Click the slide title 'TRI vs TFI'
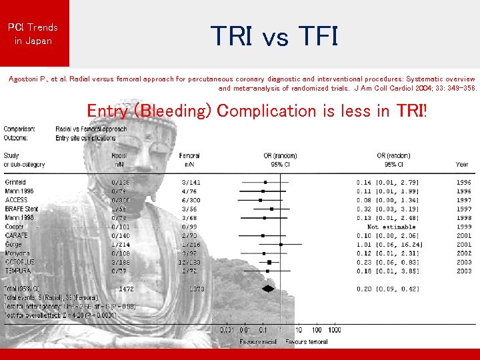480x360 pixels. click(275, 36)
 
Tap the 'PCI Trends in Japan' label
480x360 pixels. click(33, 34)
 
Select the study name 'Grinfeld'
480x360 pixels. click(15, 182)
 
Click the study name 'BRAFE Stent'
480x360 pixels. click(22, 209)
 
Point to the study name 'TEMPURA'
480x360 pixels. click(17, 271)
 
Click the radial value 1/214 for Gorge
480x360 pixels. click(121, 245)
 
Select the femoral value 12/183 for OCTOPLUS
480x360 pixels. click(191, 263)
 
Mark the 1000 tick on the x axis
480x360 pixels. click(335, 330)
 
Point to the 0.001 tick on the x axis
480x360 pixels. click(228, 330)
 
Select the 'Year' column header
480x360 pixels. click(462, 164)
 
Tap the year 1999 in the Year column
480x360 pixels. click(463, 227)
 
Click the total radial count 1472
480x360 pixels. click(126, 289)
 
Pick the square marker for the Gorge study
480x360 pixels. click(281, 245)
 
